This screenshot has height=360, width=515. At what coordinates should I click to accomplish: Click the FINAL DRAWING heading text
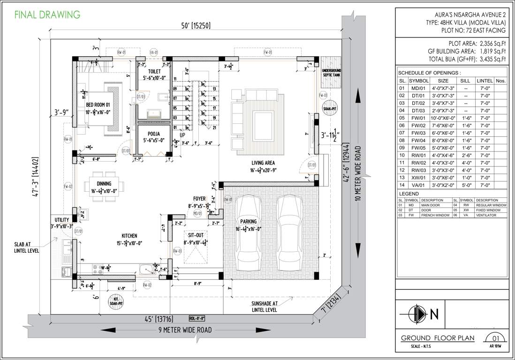click(47, 15)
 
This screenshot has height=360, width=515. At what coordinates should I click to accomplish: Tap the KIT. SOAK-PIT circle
click(116, 301)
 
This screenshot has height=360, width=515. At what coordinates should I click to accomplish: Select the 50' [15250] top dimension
click(194, 26)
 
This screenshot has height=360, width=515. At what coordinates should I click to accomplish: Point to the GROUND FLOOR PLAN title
click(438, 338)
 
